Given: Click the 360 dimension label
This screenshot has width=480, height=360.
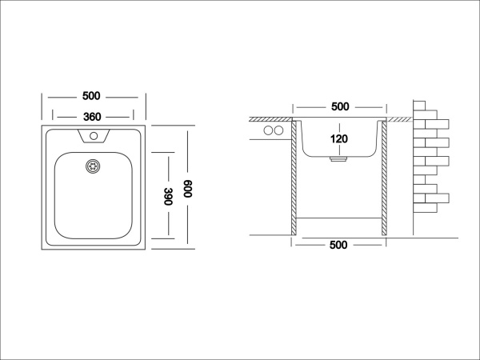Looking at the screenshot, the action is (92, 117).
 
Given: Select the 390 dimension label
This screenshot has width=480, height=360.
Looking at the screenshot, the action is (168, 196).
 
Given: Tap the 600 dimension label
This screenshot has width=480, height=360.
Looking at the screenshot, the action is (187, 189).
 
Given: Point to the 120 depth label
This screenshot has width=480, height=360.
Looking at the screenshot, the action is (339, 139).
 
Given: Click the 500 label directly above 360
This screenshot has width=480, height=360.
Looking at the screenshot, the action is (91, 96).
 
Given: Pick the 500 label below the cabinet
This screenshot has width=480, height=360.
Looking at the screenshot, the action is (338, 245).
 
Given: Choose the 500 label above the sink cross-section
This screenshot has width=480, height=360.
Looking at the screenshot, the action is (340, 106).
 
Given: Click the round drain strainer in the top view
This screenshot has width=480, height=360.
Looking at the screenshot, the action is (93, 166).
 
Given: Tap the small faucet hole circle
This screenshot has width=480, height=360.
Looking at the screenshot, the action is (94, 136).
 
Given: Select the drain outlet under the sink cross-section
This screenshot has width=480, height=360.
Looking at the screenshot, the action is (338, 159).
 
